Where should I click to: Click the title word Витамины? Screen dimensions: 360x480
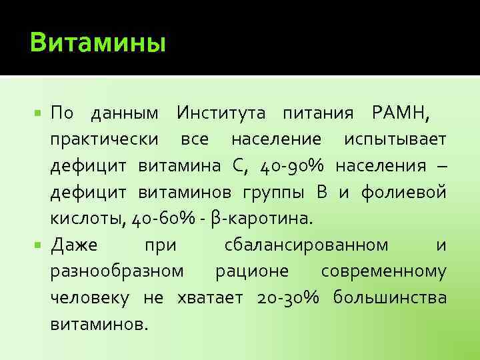97,43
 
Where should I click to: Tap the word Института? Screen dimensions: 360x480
221,114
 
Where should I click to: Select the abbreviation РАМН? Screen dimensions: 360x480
397,114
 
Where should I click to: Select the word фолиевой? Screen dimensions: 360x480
404,193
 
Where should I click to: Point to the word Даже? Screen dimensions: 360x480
74,245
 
